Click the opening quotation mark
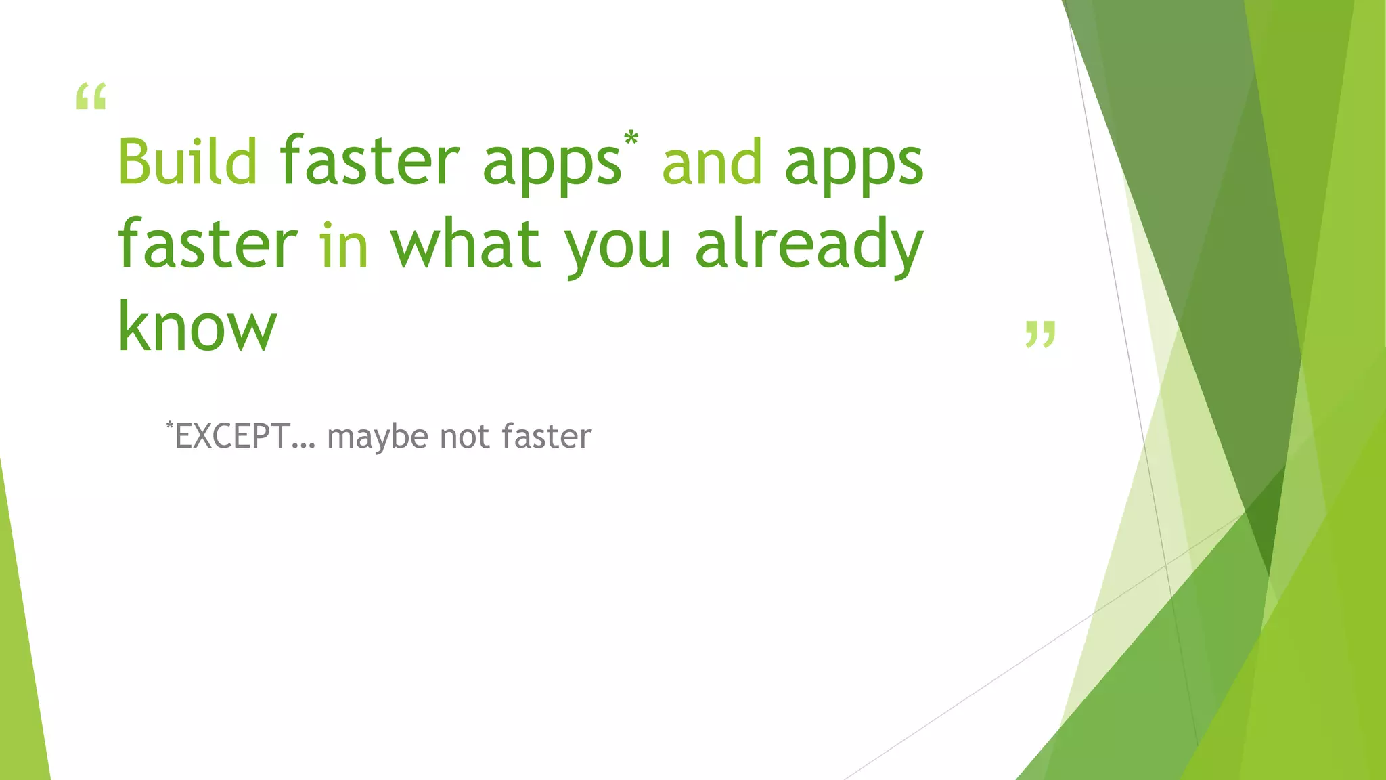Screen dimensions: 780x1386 coord(91,97)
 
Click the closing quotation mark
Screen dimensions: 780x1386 coord(1040,334)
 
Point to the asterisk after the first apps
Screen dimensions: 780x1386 coord(631,139)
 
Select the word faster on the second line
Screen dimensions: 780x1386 coord(208,243)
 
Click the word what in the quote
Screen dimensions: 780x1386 coord(466,243)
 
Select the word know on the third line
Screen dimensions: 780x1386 coord(198,326)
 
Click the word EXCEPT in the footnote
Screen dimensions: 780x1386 coord(233,436)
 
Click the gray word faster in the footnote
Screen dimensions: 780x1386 coord(547,436)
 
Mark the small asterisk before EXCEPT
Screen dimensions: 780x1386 coord(170,425)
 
